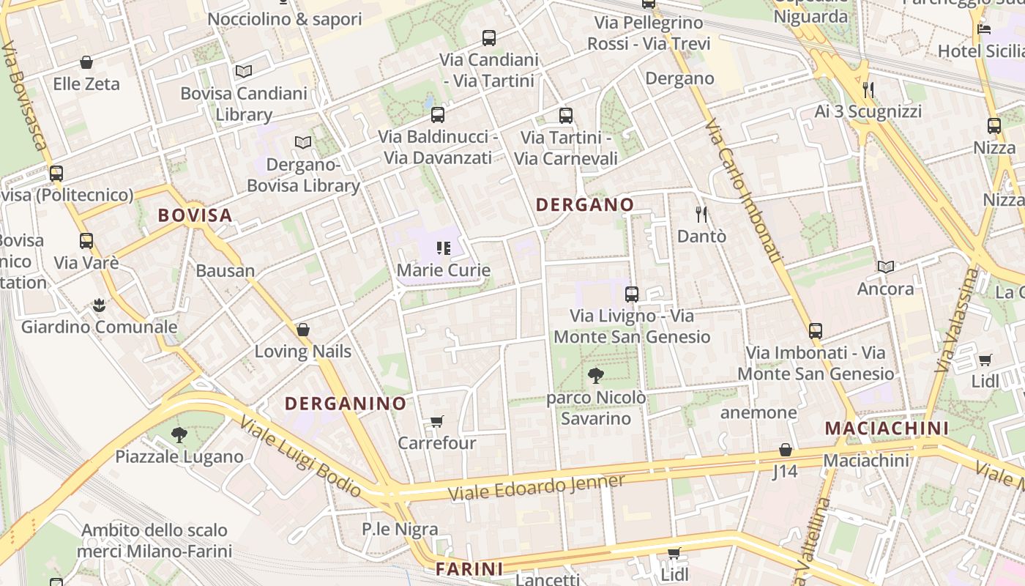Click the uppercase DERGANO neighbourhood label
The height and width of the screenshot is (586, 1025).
(585, 205)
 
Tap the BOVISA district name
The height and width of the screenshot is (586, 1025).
(195, 215)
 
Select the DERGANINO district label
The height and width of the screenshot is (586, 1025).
(346, 404)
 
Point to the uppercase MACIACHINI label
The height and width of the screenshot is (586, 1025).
(887, 428)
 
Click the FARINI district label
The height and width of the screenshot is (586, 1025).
(469, 568)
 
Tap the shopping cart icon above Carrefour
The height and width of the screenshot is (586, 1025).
(437, 421)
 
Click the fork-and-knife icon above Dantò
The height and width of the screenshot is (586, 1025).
(701, 214)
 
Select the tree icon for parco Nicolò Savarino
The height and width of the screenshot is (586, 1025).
(596, 376)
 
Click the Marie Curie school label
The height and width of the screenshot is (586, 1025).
(443, 270)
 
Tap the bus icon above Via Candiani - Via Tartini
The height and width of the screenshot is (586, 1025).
(488, 37)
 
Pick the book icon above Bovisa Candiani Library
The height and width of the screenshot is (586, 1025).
(244, 71)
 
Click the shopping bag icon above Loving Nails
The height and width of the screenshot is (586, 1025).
(302, 330)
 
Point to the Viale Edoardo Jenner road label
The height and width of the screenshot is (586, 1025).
(537, 487)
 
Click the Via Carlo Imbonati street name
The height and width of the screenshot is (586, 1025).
(744, 191)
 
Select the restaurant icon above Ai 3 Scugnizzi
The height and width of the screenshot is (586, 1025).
(868, 89)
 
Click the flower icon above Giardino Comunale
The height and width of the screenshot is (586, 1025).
(99, 305)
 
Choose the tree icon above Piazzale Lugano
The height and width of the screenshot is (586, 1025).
(179, 435)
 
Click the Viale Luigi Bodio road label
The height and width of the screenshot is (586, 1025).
(300, 456)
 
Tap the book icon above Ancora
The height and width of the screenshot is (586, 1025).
(886, 267)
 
